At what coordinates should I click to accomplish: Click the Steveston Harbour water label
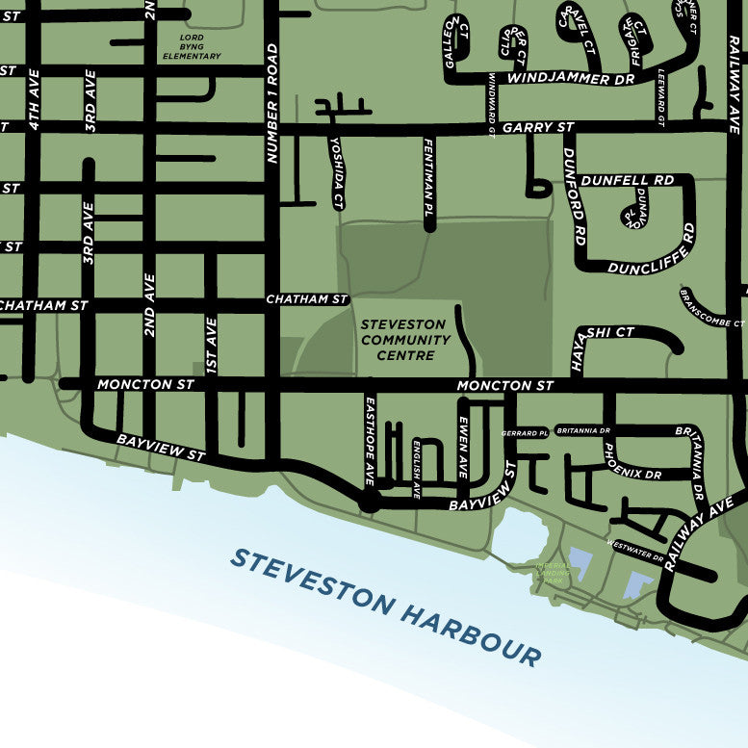point(385,606)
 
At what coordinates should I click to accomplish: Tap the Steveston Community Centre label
point(405,340)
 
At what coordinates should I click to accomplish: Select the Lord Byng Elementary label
point(192,47)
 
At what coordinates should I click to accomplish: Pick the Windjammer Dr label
point(571,78)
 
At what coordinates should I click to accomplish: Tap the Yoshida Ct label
point(336,173)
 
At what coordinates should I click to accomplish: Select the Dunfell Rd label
point(627,180)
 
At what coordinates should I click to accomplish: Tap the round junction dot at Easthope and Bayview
point(368,502)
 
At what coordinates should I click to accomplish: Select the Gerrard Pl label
point(525,433)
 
